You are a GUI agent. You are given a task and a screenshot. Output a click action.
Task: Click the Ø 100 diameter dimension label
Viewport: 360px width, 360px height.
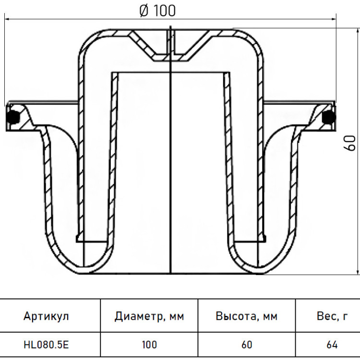coord(157,11)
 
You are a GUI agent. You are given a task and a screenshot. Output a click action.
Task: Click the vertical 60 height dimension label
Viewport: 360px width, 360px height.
coord(350,143)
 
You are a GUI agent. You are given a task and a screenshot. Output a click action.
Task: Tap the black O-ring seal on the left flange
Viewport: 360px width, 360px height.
coord(13,117)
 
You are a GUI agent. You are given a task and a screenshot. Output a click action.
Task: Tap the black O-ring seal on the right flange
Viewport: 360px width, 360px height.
coord(328,117)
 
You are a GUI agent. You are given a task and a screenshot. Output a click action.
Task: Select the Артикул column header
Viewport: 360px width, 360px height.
coord(46,316)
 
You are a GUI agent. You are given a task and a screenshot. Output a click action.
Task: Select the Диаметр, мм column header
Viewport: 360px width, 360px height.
coord(149,316)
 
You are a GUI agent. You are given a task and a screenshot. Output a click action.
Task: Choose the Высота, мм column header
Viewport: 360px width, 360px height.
coord(246,316)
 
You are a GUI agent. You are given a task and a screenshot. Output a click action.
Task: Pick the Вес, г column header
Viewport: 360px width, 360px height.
coord(332,316)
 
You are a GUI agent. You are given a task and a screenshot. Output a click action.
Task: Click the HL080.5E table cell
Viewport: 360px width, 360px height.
coord(46,345)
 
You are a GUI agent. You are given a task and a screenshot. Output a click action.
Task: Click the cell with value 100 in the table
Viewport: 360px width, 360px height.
coord(149,345)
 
